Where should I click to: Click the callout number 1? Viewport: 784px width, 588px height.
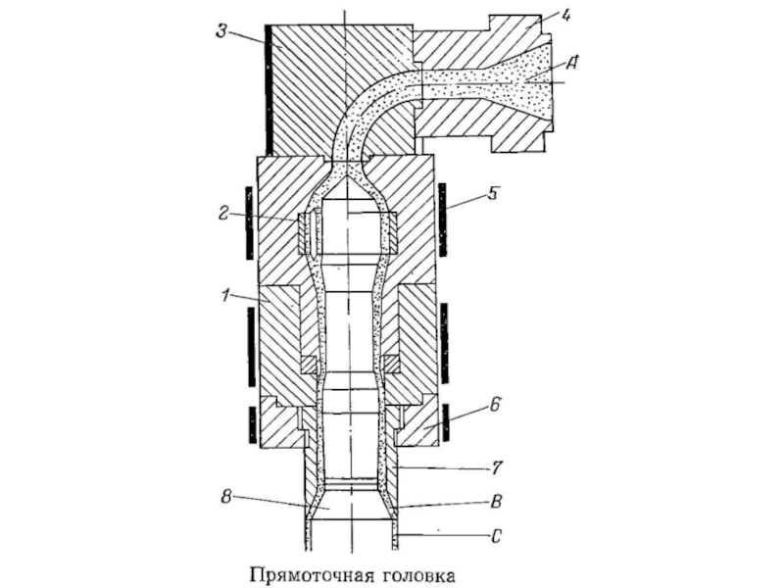point(225,296)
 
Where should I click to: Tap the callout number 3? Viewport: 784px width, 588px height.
point(221,31)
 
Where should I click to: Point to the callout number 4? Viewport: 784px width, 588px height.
point(565,15)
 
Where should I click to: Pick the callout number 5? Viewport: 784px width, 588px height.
point(493,193)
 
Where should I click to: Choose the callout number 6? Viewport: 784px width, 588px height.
point(494,404)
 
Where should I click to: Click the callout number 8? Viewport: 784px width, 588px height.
point(226,498)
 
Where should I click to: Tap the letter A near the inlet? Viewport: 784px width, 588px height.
point(572,63)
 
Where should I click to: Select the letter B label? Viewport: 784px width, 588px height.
point(496,501)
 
